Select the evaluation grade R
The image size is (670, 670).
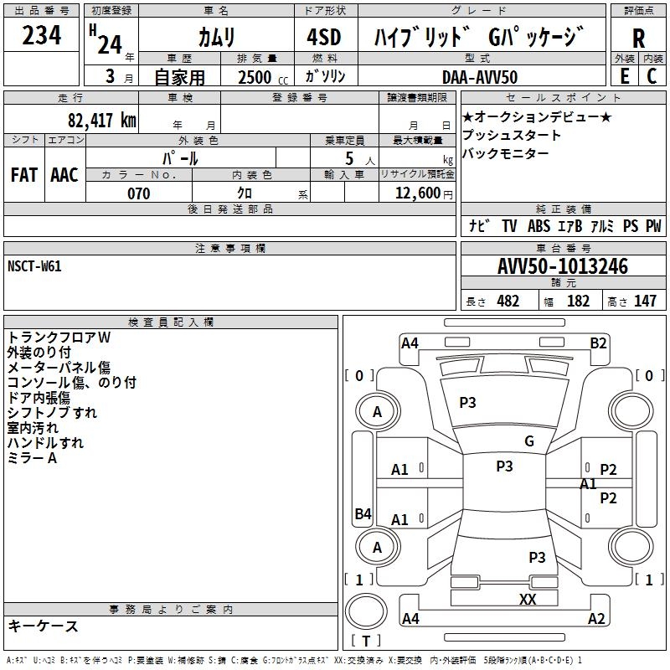coord(638,39)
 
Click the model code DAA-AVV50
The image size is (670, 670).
coord(480,76)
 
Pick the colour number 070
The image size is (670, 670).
coord(138,193)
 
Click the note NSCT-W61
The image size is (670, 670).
coord(34,266)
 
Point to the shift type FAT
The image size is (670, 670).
coord(23,175)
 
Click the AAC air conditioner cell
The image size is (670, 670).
coord(64,175)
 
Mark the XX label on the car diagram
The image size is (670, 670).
coord(528,599)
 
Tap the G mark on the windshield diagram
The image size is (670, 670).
coord(528,441)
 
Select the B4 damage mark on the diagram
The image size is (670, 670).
coord(362,513)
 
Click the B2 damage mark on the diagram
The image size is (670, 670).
coord(598,343)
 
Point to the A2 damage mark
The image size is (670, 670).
coord(596,619)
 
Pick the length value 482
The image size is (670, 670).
coord(508,301)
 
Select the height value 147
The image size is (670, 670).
coord(645,301)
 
